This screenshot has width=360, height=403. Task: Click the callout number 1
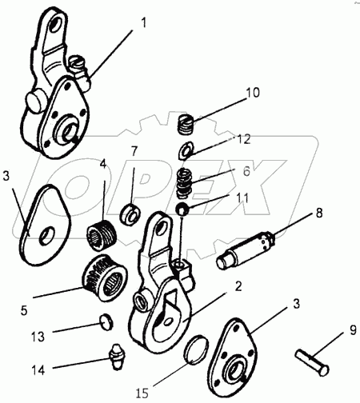(x=143, y=23)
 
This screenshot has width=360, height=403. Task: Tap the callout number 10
(x=252, y=93)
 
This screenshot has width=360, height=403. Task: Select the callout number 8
(x=319, y=213)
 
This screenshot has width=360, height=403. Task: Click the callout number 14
(x=38, y=370)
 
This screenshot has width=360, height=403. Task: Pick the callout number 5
(x=24, y=310)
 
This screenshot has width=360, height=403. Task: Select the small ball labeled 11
(x=182, y=209)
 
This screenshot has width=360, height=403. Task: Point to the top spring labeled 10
(x=186, y=125)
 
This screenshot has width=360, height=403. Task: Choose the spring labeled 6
(x=185, y=182)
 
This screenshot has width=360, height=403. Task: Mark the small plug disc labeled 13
(x=106, y=321)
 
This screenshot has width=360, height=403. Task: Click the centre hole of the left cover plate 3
(x=47, y=234)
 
